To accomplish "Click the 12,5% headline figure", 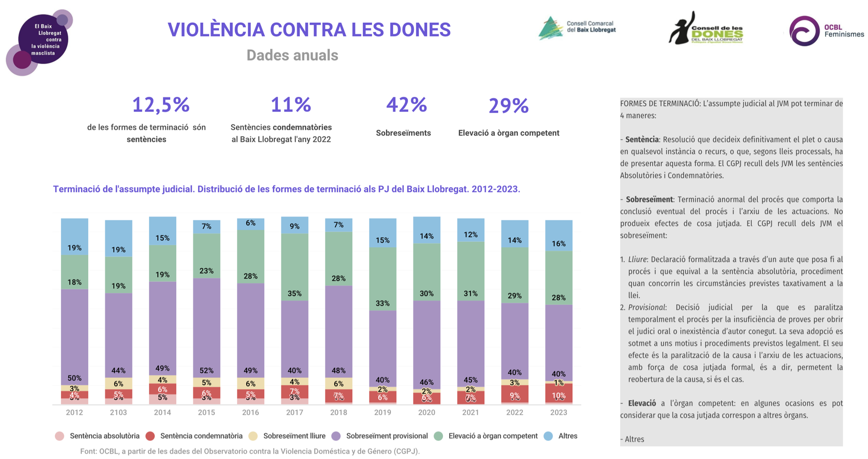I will (161, 105).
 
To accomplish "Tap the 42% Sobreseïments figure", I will (406, 105).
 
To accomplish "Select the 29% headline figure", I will (508, 105).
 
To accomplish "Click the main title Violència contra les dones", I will (309, 30).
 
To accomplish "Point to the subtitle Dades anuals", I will (292, 55).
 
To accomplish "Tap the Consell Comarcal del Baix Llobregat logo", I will (577, 28).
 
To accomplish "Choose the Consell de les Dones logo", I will (706, 29).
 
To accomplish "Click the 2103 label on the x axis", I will (118, 413).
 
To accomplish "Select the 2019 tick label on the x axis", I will (382, 413).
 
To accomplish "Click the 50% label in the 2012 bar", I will (74, 378).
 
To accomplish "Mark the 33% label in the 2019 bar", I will (382, 303).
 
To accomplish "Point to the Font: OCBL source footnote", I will (250, 451).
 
